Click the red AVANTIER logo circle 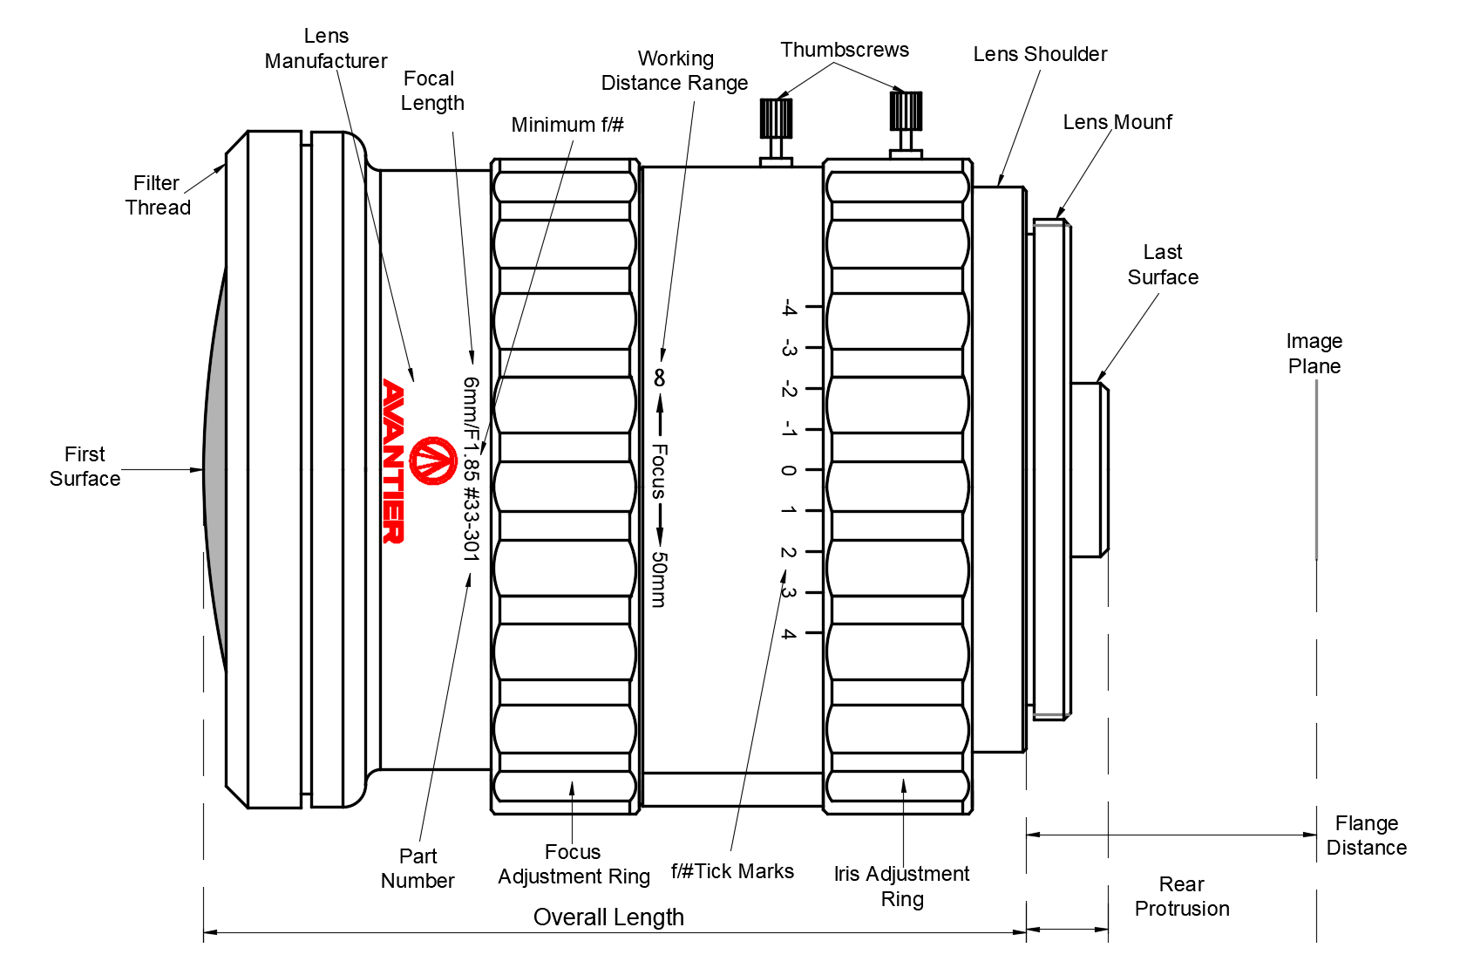click(x=433, y=460)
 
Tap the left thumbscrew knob click(x=776, y=118)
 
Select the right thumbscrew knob click(x=906, y=111)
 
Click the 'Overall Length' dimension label click(x=608, y=917)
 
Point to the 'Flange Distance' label click(x=1366, y=835)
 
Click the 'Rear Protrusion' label click(x=1182, y=897)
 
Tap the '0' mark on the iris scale click(x=788, y=470)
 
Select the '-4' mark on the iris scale click(x=788, y=307)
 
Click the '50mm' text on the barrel click(x=660, y=579)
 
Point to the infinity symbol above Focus click(x=660, y=378)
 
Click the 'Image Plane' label click(x=1314, y=353)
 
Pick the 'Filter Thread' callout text click(x=158, y=195)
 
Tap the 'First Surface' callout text click(x=85, y=467)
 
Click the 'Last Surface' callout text click(x=1163, y=264)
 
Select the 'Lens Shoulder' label click(x=1040, y=54)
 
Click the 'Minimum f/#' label click(x=567, y=125)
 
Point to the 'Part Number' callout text click(x=418, y=869)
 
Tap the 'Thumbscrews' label click(x=844, y=50)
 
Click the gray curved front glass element click(x=215, y=471)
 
